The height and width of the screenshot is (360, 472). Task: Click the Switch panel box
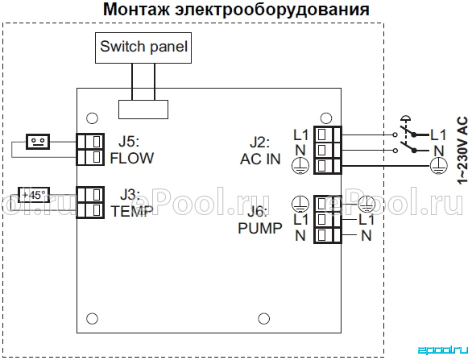[143, 48]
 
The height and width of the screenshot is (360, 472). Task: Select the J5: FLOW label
[132, 150]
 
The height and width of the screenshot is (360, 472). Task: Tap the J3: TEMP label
[132, 203]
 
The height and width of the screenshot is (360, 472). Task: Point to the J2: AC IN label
[260, 151]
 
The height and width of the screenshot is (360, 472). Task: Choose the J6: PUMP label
[260, 220]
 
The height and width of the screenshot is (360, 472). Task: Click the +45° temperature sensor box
[34, 195]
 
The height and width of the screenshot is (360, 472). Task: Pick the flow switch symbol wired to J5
[38, 142]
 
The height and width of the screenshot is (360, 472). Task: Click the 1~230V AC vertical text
[462, 150]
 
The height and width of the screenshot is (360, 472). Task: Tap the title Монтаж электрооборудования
[236, 10]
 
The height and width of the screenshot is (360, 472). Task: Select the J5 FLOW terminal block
[90, 149]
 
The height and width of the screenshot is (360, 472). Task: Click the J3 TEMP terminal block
[90, 202]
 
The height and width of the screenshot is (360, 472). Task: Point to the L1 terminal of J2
[328, 134]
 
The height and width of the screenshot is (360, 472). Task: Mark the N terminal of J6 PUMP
[328, 235]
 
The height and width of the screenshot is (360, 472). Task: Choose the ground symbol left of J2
[300, 166]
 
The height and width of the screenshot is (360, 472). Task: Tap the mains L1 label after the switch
[437, 134]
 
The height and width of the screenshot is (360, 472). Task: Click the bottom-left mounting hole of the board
[92, 318]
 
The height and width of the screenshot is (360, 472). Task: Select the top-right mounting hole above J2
[326, 118]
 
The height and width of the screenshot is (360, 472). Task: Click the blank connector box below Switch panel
[143, 110]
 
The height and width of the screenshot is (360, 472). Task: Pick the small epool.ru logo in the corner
[443, 350]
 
